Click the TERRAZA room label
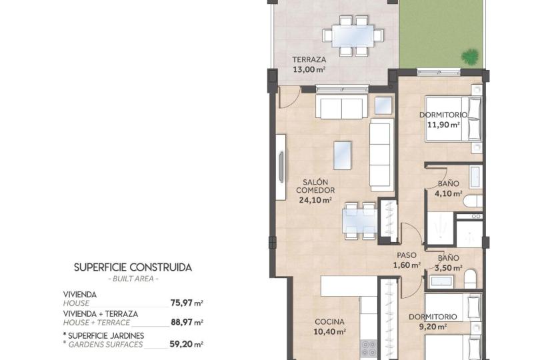pyautogui.click(x=309, y=59)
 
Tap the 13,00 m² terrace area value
pyautogui.click(x=309, y=69)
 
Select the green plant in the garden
pyautogui.click(x=470, y=56)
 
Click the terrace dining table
pyautogui.click(x=353, y=35)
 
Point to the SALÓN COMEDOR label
pyautogui.click(x=315, y=186)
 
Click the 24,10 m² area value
pyautogui.click(x=315, y=200)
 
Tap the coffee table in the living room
pyautogui.click(x=343, y=155)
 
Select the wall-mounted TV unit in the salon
pyautogui.click(x=280, y=167)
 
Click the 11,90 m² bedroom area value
pyautogui.click(x=443, y=125)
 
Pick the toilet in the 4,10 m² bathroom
pyautogui.click(x=473, y=201)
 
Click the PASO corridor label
pyautogui.click(x=407, y=255)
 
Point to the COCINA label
pyautogui.click(x=329, y=322)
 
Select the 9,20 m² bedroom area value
pyautogui.click(x=433, y=327)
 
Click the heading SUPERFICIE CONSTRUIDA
pyautogui.click(x=133, y=267)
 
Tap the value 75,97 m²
pyautogui.click(x=187, y=303)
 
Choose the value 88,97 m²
pyautogui.click(x=187, y=322)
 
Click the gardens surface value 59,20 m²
pyautogui.click(x=186, y=344)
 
